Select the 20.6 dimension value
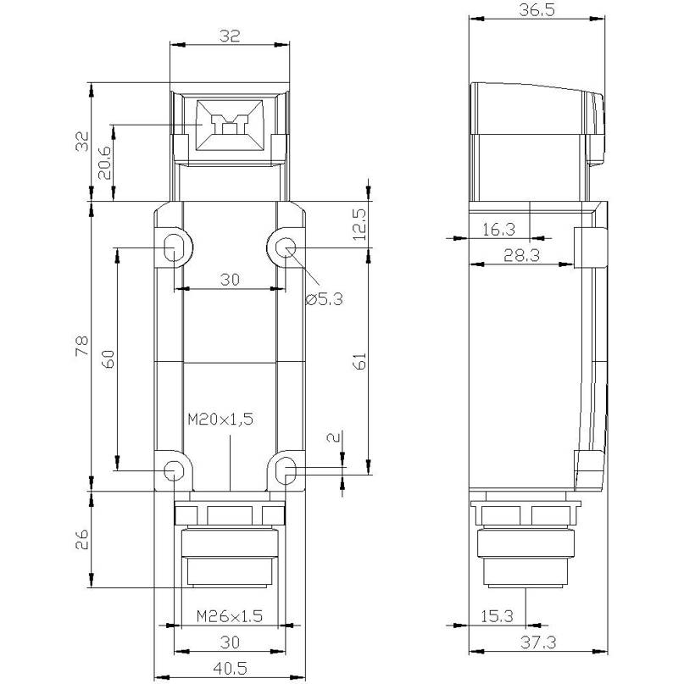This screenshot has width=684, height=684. coord(104,162)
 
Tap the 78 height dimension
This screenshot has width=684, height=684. coord(82,347)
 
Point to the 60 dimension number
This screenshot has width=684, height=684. coord(108,359)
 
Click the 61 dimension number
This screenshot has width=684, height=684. coord(359,361)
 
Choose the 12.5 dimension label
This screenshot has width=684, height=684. coord(359,225)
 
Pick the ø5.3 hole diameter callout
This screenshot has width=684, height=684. coord(324,299)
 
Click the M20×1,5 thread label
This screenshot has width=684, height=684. coord(220,420)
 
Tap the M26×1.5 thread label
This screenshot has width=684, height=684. coord(230,616)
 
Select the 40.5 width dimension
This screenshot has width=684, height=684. coord(230,668)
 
